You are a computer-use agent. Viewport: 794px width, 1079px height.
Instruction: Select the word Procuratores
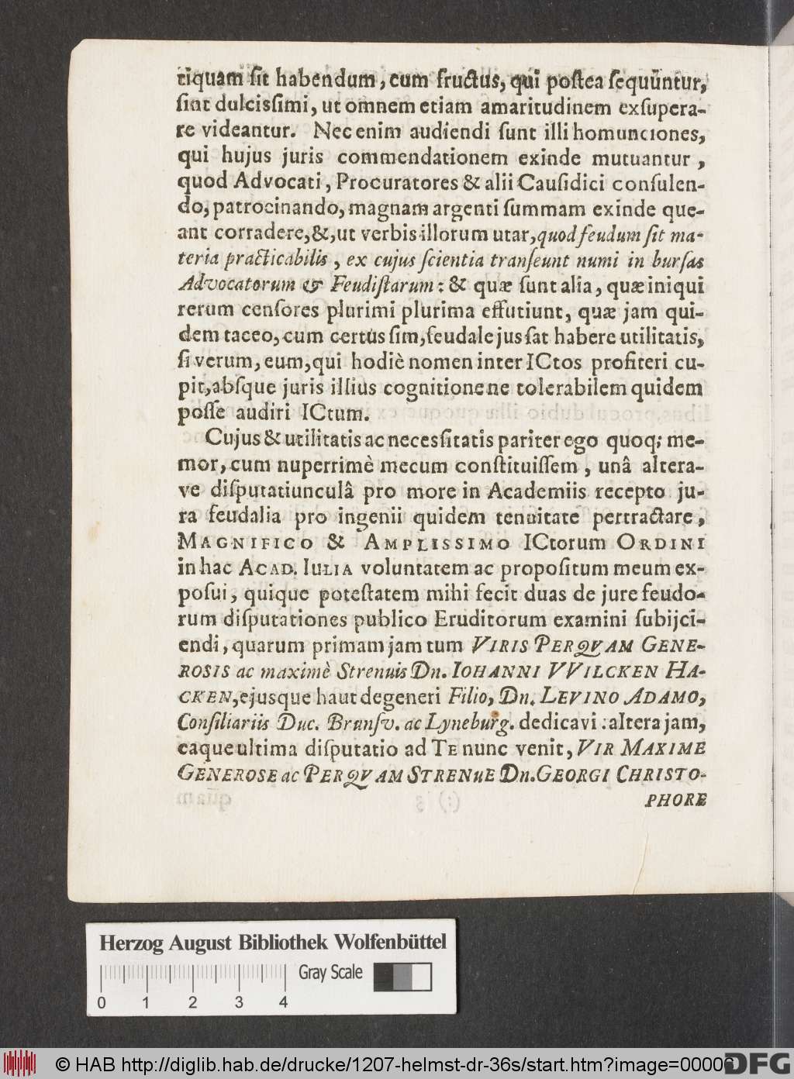point(368,187)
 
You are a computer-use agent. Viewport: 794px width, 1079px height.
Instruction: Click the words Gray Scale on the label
point(331,973)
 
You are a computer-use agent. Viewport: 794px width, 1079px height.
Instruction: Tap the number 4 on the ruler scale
point(284,1002)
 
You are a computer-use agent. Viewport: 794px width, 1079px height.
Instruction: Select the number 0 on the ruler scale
point(101,1002)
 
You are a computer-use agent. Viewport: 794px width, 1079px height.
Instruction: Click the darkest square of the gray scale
point(383,977)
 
